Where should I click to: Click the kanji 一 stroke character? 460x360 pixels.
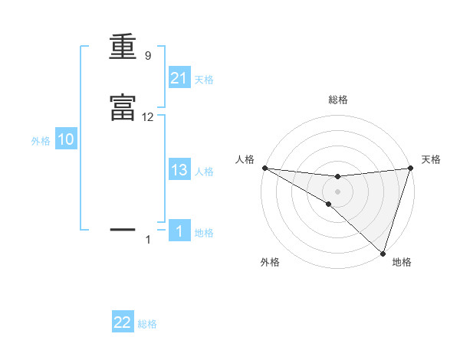click(x=122, y=228)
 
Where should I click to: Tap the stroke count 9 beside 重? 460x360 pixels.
click(x=147, y=56)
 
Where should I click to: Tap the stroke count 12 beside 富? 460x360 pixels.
click(x=148, y=117)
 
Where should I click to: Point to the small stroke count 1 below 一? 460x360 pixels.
click(x=148, y=240)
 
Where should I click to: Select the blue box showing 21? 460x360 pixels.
click(x=179, y=78)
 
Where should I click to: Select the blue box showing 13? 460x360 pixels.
click(x=179, y=171)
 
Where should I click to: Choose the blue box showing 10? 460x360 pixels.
click(x=66, y=140)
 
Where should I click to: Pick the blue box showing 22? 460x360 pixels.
click(x=123, y=322)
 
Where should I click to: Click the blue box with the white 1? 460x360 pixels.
click(x=179, y=231)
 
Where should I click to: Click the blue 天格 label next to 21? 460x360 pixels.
click(x=204, y=80)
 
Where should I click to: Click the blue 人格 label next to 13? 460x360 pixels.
click(x=204, y=172)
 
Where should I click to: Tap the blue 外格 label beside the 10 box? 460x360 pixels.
click(x=41, y=141)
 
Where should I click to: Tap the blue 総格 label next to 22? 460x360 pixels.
click(x=147, y=324)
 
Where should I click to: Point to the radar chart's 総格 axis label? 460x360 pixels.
click(x=337, y=100)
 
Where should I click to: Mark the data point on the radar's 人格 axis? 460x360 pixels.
click(x=264, y=168)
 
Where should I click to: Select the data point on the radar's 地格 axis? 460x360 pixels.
click(x=382, y=253)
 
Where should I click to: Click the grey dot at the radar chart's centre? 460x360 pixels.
click(x=337, y=191)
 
